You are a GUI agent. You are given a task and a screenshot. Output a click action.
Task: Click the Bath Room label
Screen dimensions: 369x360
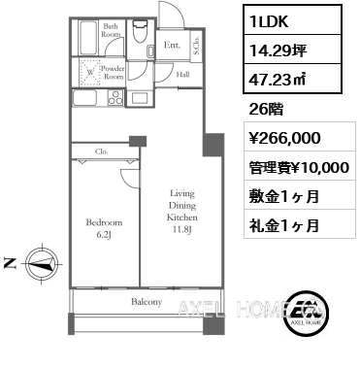coord(112,30)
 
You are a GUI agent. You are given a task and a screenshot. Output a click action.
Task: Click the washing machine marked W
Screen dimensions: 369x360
coord(90,71)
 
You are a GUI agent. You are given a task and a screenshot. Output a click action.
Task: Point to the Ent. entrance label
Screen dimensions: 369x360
coord(171,44)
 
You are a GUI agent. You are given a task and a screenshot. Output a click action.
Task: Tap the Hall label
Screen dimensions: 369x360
coord(182,72)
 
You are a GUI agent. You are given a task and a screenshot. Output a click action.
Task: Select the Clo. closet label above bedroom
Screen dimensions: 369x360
coord(101,151)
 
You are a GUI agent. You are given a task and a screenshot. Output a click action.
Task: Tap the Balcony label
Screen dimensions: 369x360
coord(147,302)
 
